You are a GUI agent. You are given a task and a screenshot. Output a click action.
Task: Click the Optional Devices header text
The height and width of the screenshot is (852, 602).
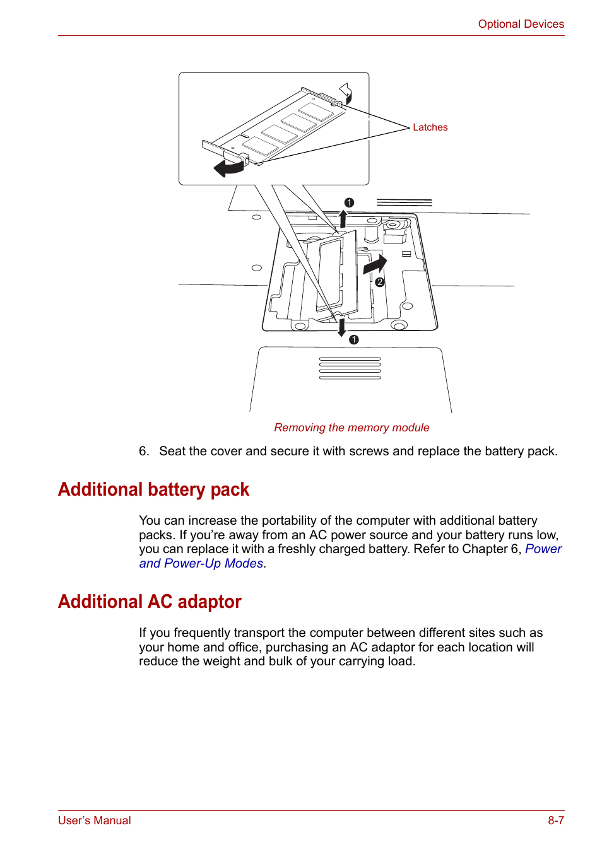[x=521, y=24]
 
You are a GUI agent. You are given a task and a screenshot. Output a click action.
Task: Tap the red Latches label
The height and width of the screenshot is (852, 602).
[x=430, y=127]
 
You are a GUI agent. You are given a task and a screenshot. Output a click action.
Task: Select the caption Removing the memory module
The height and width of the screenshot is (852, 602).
[x=351, y=428]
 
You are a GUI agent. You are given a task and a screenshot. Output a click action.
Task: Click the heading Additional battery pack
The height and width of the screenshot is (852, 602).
[x=153, y=489]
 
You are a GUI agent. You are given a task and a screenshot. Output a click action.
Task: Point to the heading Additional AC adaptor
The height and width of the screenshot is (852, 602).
[x=150, y=602]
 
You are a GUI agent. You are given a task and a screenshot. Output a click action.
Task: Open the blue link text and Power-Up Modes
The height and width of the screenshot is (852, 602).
[x=201, y=564]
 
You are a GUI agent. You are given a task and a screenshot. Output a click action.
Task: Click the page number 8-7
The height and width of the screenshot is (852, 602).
[x=555, y=820]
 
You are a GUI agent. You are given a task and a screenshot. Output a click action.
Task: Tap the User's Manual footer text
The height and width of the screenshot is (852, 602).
[x=95, y=820]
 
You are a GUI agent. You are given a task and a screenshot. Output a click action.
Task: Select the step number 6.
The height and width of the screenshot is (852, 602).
[x=144, y=452]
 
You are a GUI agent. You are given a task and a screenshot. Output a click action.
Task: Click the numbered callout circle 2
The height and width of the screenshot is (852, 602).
[x=380, y=283]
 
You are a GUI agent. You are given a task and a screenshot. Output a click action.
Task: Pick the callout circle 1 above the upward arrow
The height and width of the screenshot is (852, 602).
[x=349, y=202]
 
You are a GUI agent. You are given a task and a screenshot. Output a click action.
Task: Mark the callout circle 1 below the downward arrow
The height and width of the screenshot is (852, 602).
[x=354, y=340]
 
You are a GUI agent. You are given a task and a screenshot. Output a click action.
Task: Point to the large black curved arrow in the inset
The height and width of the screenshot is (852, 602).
[x=228, y=168]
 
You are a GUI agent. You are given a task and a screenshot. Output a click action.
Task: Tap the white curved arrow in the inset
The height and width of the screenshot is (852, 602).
[x=346, y=92]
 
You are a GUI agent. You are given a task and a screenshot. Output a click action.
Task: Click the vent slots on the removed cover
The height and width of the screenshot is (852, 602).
[x=350, y=368]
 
